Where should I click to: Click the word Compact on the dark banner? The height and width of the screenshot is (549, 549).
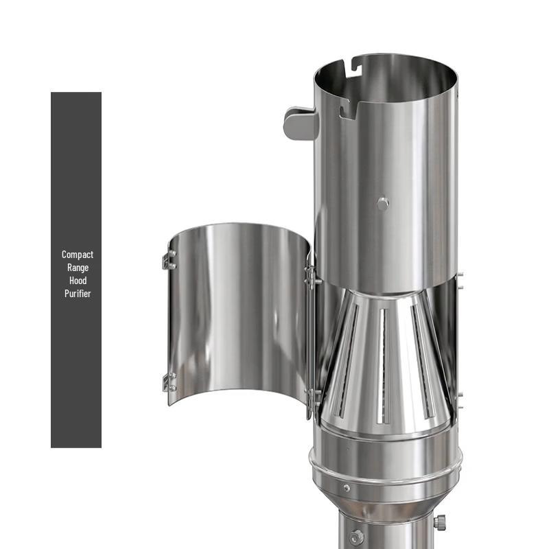click(77, 255)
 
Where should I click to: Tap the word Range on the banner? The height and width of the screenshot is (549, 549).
click(77, 268)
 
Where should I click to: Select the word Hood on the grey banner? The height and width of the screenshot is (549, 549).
click(77, 281)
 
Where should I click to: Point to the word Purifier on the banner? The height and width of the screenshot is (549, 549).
click(77, 294)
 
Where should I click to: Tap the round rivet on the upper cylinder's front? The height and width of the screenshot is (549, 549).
click(383, 203)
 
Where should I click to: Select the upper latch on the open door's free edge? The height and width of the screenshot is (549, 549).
click(168, 260)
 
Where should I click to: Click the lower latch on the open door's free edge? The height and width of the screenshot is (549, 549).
click(168, 382)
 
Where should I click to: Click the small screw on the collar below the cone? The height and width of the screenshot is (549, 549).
click(347, 488)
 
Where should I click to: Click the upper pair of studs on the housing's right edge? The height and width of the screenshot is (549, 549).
click(459, 280)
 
